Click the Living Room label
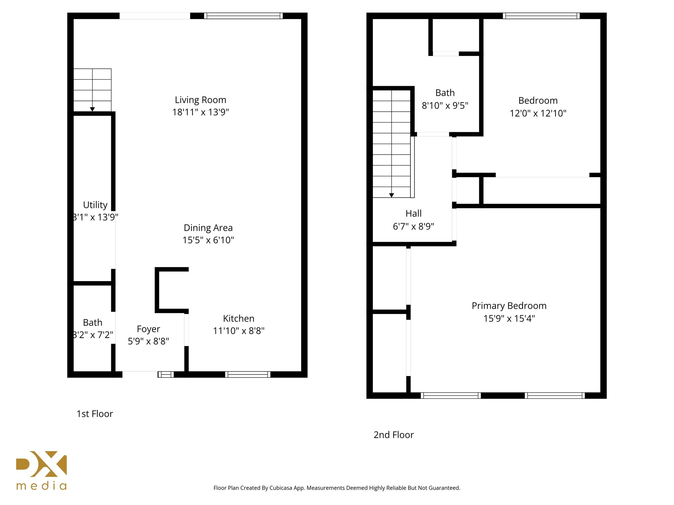pyautogui.click(x=200, y=100)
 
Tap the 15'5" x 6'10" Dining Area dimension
pyautogui.click(x=208, y=240)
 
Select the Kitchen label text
pyautogui.click(x=239, y=319)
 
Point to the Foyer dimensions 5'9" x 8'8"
pyautogui.click(x=148, y=341)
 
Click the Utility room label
pyautogui.click(x=95, y=205)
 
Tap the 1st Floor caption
pyautogui.click(x=95, y=414)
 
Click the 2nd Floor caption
pyautogui.click(x=394, y=435)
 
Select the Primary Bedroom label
pyautogui.click(x=509, y=306)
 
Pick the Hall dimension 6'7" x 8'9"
pyautogui.click(x=414, y=227)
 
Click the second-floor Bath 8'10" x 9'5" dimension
pyautogui.click(x=445, y=106)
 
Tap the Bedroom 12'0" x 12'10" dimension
pyautogui.click(x=538, y=113)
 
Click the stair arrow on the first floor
pyautogui.click(x=92, y=109)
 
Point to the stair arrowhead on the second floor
pyautogui.click(x=392, y=195)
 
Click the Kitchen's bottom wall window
pyautogui.click(x=247, y=374)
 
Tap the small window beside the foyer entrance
pyautogui.click(x=166, y=374)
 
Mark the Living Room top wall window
pyautogui.click(x=243, y=16)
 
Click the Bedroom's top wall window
pyautogui.click(x=541, y=16)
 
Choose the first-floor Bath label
pyautogui.click(x=92, y=323)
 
